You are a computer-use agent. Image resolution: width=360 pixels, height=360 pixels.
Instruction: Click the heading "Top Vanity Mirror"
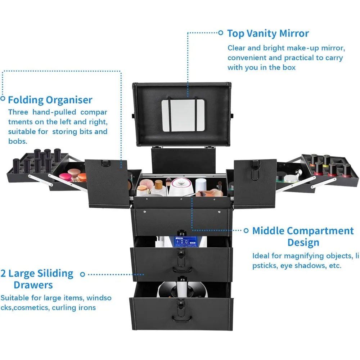click(268, 33)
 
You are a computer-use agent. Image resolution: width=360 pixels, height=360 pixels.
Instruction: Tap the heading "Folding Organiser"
click(50, 100)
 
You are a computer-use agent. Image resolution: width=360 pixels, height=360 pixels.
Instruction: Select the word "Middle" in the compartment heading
click(268, 231)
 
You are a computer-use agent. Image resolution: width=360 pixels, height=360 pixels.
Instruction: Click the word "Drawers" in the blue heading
click(33, 285)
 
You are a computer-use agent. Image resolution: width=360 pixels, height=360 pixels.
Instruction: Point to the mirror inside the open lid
click(183, 115)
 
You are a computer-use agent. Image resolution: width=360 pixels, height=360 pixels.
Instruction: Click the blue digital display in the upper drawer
click(185, 242)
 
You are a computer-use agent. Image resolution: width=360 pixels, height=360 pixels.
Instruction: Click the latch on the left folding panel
click(106, 163)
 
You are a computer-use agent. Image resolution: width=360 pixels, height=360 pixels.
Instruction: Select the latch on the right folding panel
click(255, 170)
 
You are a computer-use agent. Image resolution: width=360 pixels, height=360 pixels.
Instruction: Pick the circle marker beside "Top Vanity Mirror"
click(220, 33)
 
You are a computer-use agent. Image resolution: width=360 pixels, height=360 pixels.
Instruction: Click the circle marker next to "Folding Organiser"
click(3, 99)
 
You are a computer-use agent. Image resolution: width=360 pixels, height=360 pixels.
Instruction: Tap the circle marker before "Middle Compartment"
click(246, 230)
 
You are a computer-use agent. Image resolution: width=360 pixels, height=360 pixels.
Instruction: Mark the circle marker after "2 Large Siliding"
click(82, 274)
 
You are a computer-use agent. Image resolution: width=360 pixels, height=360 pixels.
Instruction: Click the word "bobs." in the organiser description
click(18, 141)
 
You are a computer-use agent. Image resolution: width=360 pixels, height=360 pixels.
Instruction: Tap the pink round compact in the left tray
click(66, 177)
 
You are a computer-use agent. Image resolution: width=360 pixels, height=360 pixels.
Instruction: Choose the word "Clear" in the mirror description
click(236, 48)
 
